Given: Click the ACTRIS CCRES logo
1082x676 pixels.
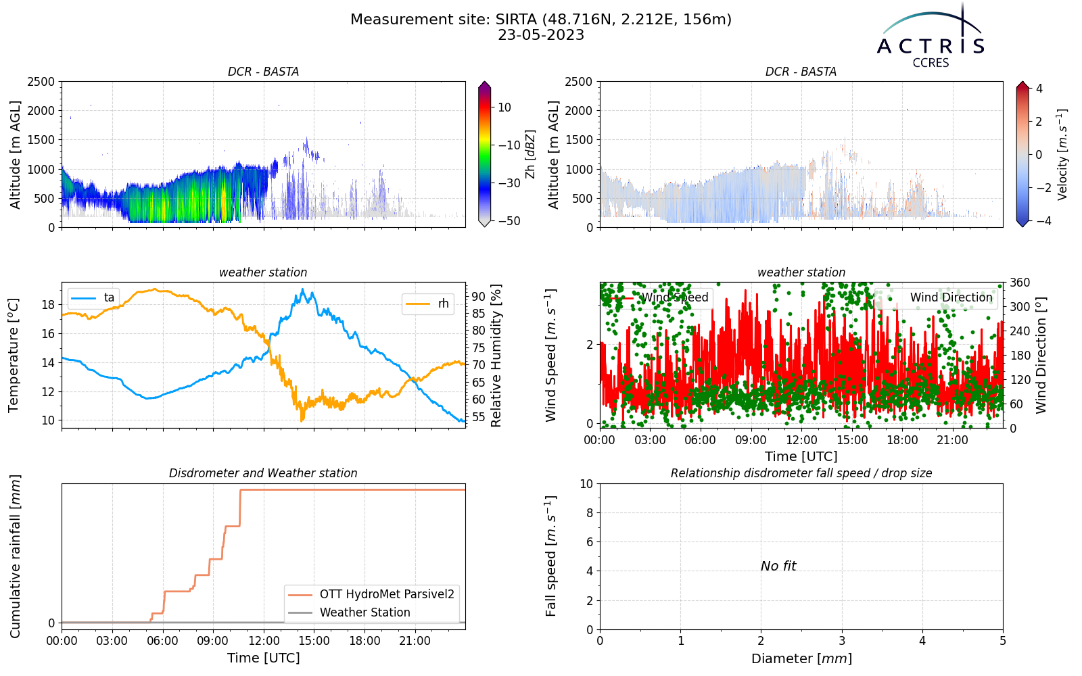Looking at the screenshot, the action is (931, 37).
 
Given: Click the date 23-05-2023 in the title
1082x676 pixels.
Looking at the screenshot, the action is (541, 35).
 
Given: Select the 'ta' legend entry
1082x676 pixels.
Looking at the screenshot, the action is (93, 297).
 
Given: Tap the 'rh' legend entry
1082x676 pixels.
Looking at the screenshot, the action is (427, 304).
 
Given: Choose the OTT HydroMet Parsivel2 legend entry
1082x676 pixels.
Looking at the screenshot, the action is (371, 594).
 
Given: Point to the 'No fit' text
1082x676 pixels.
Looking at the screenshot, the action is (778, 566).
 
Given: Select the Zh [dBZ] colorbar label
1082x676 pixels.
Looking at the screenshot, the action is (530, 154).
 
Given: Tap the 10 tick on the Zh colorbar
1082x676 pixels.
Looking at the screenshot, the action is (504, 107).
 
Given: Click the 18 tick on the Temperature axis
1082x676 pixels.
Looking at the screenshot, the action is (48, 305).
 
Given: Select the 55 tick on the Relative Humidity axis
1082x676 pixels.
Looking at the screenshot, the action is (478, 416).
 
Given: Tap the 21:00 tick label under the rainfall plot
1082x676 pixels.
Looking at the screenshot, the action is (415, 642).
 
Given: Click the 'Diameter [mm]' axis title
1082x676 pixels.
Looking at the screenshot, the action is (801, 658).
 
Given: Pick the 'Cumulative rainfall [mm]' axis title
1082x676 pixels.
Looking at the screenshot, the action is (15, 556).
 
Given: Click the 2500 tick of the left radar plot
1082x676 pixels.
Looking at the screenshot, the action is (41, 82).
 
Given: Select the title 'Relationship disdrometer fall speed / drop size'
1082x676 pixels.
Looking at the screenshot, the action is (801, 473).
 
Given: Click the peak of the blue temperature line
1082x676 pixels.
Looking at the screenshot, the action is (303, 289).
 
